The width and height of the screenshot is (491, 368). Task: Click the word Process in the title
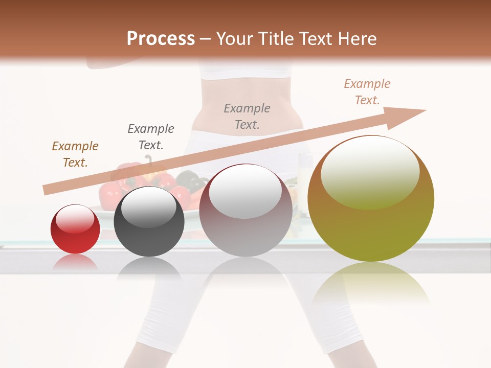point(161,39)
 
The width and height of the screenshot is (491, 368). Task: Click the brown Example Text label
point(75,154)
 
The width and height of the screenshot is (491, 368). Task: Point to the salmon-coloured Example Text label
point(367,92)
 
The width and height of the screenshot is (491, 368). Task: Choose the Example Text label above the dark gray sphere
point(151,136)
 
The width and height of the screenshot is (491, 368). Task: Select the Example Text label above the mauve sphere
point(247,116)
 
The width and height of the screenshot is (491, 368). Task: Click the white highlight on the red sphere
point(75,218)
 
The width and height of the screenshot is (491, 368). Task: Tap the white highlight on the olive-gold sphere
point(370,172)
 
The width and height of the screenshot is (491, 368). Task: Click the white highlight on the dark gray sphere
point(148,206)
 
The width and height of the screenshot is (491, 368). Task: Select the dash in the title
point(206,39)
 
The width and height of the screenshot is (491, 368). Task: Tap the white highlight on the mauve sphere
point(245,192)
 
